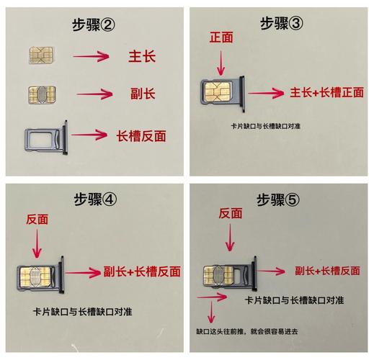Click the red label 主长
pos(143,55)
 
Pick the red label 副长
pos(143,94)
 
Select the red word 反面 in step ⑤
pos(232,213)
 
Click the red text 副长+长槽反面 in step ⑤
pos(328,271)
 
